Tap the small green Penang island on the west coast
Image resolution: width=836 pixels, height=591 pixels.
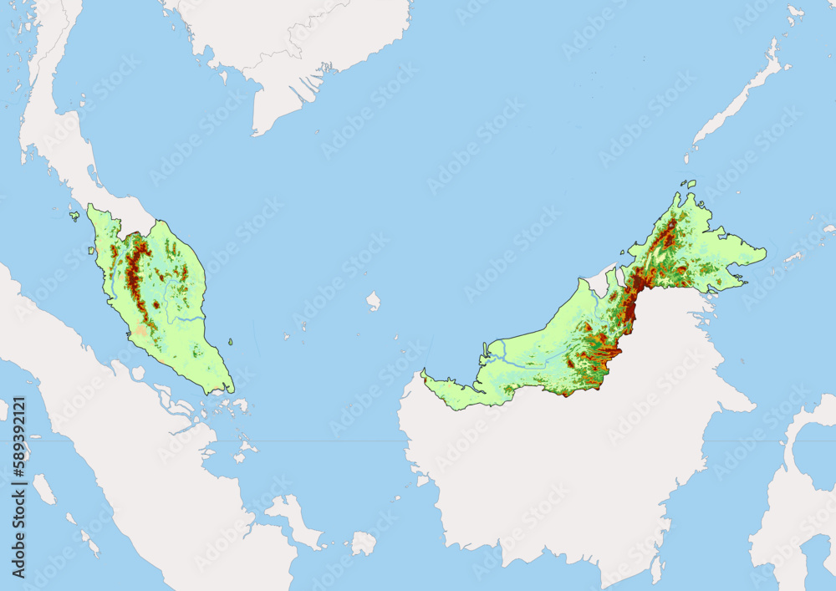tap(94, 249)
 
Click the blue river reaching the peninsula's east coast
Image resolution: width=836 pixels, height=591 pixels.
tap(191, 318)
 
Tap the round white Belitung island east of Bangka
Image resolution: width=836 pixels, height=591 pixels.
tap(363, 543)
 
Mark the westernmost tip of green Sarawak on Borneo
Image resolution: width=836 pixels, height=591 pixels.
tap(423, 373)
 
